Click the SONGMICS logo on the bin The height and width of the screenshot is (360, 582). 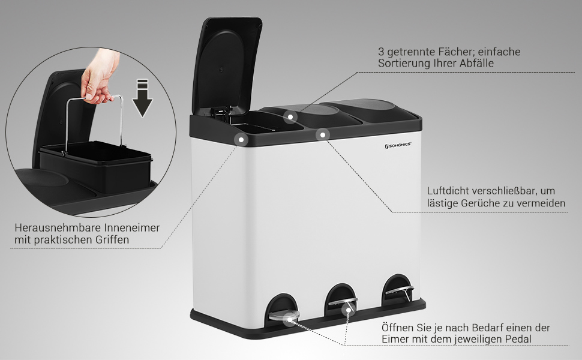[398, 145]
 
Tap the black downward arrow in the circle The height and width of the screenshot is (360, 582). [142, 98]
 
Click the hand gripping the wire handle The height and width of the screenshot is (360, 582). [98, 77]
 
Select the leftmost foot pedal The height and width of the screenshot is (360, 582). [284, 315]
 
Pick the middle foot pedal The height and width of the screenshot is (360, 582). [343, 301]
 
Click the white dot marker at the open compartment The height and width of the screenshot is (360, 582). [241, 140]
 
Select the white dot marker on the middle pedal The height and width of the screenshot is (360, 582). [348, 310]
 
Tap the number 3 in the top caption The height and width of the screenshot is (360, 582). [381, 52]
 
